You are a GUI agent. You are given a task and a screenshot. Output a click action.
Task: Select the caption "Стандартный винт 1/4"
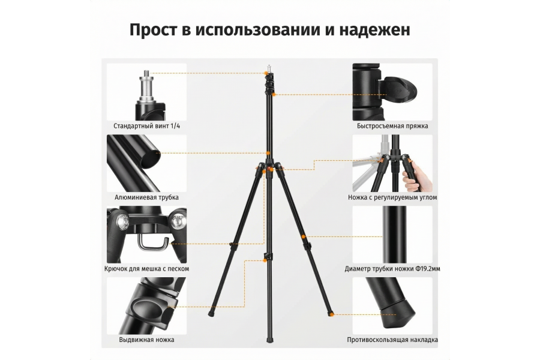pyautogui.click(x=146, y=127)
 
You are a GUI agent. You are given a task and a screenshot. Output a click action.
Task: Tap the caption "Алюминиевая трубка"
pyautogui.click(x=146, y=197)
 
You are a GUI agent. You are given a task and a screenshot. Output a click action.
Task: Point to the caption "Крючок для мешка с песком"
pyautogui.click(x=146, y=269)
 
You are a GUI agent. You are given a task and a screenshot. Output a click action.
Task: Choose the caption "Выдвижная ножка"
pyautogui.click(x=146, y=340)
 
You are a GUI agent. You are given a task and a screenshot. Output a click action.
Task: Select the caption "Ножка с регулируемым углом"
pyautogui.click(x=392, y=197)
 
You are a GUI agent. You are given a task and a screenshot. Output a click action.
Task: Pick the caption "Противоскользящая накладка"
pyautogui.click(x=392, y=340)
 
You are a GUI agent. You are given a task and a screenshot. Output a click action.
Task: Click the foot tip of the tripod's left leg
pyautogui.click(x=211, y=314)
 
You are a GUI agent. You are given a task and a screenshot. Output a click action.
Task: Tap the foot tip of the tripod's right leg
pyautogui.click(x=331, y=313)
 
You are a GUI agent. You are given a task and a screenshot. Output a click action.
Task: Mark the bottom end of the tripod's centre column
pyautogui.click(x=268, y=340)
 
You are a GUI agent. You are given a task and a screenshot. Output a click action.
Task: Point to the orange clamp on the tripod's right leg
pyautogui.click(x=305, y=240)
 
